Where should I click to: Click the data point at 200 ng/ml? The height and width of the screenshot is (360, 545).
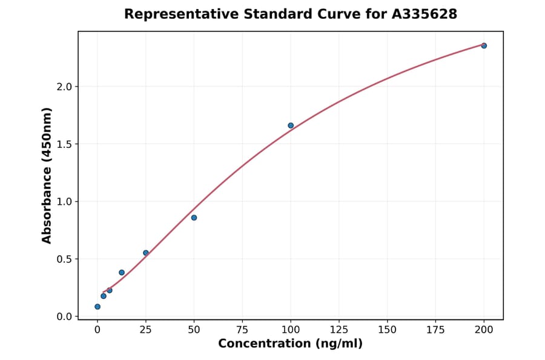[x=484, y=45]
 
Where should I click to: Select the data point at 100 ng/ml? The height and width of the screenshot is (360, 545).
[x=291, y=125]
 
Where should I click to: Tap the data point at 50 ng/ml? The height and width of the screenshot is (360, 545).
[x=194, y=218]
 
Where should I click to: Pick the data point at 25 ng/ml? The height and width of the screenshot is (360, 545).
[x=146, y=253]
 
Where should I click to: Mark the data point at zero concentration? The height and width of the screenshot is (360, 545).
[x=97, y=307]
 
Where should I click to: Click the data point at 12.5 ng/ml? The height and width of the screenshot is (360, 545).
[x=122, y=273]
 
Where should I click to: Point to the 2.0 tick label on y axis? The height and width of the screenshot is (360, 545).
[x=64, y=87]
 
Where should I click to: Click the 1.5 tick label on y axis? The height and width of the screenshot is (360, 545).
[x=64, y=144]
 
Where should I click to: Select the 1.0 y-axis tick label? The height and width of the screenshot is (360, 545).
[x=64, y=202]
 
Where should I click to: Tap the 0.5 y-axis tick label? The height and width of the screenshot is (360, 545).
[x=64, y=259]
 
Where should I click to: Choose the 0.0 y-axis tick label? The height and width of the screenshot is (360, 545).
[x=64, y=316]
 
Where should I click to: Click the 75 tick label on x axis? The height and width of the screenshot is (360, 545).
[x=242, y=330]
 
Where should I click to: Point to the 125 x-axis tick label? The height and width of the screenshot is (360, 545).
[x=339, y=330]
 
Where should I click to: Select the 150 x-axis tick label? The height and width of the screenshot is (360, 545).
[x=388, y=330]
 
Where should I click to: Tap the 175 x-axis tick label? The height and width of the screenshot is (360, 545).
[x=436, y=330]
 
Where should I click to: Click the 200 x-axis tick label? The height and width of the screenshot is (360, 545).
[x=484, y=330]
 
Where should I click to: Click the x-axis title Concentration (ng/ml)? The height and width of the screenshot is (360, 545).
[x=290, y=344]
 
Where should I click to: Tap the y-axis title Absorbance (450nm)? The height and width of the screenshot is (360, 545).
[x=47, y=175]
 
